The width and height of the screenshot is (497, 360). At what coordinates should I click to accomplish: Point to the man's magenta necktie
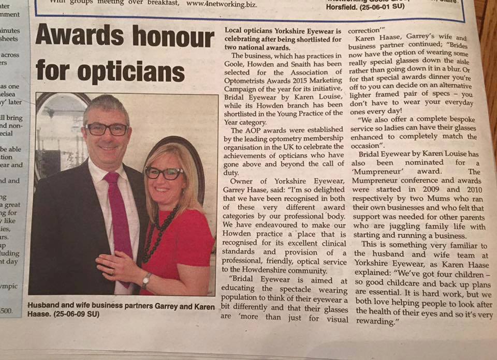pos(116,217)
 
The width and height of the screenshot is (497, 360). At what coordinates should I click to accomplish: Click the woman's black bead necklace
pos(158,233)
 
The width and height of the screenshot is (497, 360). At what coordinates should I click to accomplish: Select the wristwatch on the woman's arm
pos(147,281)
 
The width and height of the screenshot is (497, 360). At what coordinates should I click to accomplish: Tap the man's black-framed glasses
pos(106,129)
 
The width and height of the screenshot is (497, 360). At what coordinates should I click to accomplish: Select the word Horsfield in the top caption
pos(345,7)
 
